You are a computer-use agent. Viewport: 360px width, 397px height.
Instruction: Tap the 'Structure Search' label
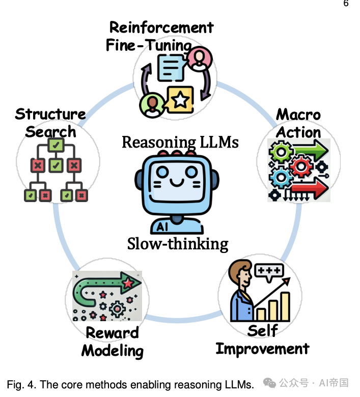click(50, 123)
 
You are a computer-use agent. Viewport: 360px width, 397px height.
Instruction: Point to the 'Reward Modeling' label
click(112, 342)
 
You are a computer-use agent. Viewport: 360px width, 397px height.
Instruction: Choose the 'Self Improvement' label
click(262, 339)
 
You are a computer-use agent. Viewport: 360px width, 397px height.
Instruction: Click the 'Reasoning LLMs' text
click(180, 142)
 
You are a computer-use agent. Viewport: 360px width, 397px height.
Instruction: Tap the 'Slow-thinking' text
click(178, 244)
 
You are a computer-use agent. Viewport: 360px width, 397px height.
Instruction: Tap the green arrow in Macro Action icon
click(309, 151)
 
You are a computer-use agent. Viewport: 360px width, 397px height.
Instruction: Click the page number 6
click(346, 4)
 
